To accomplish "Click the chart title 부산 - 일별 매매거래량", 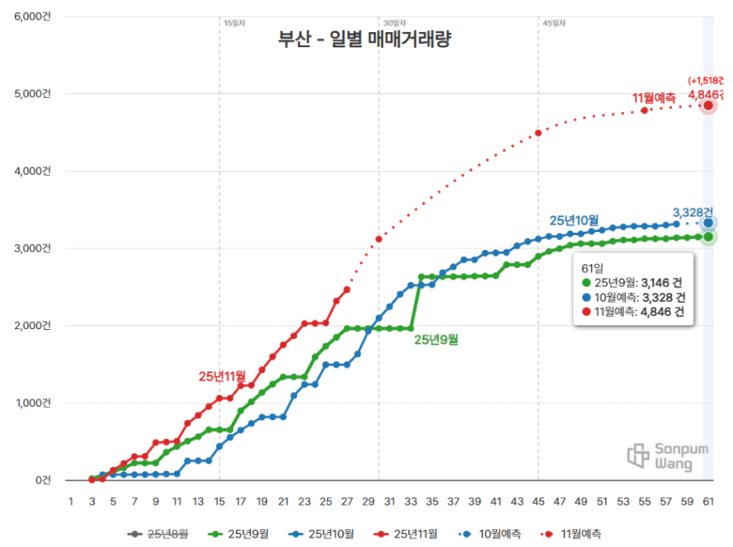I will click(x=364, y=40).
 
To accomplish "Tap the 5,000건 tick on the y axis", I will click(x=31, y=93).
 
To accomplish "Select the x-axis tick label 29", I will click(x=369, y=501).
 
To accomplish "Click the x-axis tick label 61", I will click(x=708, y=501).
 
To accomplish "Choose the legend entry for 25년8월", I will click(x=160, y=534).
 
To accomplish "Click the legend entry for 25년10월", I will click(x=325, y=534).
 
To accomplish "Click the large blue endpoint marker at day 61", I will click(x=708, y=223).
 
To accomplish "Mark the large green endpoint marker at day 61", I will click(x=708, y=237).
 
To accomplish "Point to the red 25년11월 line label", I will click(x=222, y=376).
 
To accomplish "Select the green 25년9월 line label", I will click(x=436, y=339).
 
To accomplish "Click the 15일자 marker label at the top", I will click(x=233, y=23).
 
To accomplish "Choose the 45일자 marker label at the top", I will click(x=553, y=23).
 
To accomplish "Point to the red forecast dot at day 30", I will click(x=378, y=239).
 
